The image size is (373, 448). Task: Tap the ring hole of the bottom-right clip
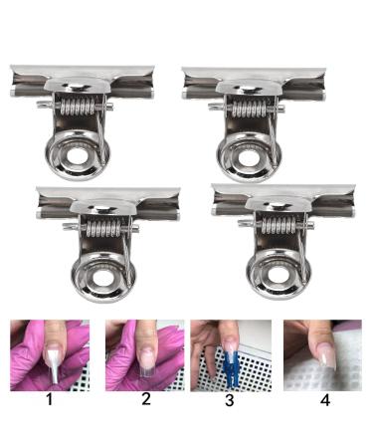coord(274,273)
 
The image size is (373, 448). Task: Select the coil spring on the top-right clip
coord(252,104)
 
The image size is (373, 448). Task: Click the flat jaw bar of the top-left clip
coord(83,74)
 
